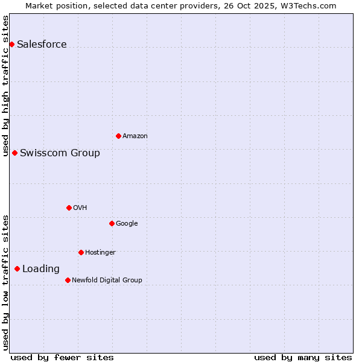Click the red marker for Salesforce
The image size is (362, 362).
click(11, 44)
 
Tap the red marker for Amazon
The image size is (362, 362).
click(118, 136)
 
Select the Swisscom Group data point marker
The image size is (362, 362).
click(14, 153)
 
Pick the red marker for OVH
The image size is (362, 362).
click(69, 208)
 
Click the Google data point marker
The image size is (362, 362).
click(112, 223)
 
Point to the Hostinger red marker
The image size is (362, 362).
click(81, 252)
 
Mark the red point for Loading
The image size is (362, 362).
click(17, 268)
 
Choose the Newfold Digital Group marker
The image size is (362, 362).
click(68, 280)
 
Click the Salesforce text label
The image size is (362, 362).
click(42, 44)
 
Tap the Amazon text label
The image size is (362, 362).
click(135, 136)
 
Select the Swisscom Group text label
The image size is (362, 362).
click(60, 153)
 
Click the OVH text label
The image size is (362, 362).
click(80, 208)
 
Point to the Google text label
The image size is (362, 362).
click(127, 223)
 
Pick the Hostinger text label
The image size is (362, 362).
click(100, 252)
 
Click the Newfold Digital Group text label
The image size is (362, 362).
click(107, 280)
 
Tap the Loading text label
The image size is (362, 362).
click(41, 268)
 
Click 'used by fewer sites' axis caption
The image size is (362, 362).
click(62, 357)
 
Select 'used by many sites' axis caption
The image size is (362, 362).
click(303, 357)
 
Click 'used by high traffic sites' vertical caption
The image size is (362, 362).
click(5, 86)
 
